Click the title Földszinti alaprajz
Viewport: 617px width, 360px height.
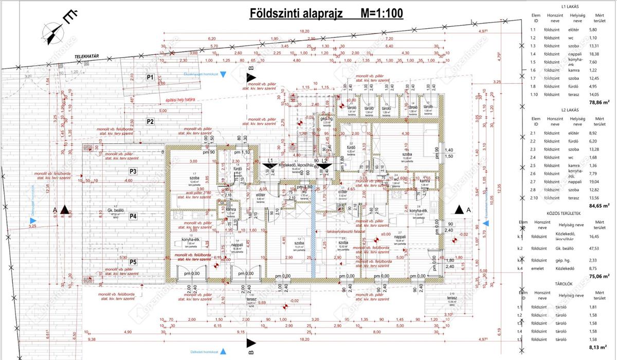point(292,13)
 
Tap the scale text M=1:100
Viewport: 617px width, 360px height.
point(375,13)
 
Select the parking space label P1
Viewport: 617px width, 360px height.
point(150,77)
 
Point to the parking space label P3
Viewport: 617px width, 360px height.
point(133,171)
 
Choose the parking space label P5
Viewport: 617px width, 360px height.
point(133,262)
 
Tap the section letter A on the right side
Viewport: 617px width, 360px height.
point(469,210)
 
